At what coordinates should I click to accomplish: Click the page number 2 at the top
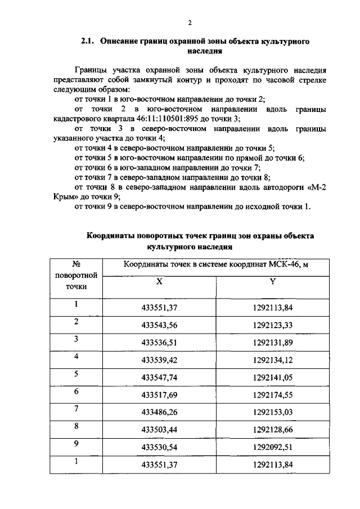click(x=190, y=22)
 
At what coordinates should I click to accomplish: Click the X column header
click(x=159, y=282)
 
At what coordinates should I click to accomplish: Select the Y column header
click(x=272, y=282)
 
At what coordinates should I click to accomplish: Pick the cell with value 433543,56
click(x=159, y=326)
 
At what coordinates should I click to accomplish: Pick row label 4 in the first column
click(x=75, y=356)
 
